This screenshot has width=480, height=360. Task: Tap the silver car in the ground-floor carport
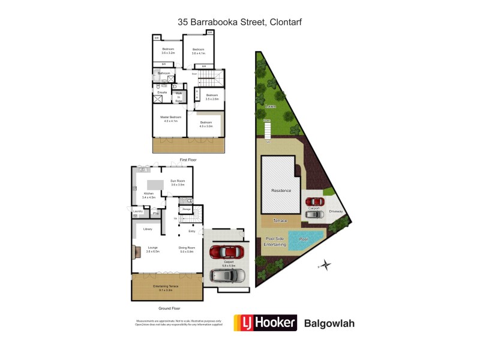point(227,275)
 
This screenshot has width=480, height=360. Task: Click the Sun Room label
point(178,182)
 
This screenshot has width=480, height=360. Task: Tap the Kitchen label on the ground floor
point(148,194)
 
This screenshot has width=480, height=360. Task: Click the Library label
point(148,229)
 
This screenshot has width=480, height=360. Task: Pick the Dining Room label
point(187,248)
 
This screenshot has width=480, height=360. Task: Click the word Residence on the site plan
point(281,191)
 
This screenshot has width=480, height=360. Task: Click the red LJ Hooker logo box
point(265,323)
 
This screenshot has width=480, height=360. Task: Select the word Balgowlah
point(330,323)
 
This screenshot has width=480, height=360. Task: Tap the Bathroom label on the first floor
point(164,73)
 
